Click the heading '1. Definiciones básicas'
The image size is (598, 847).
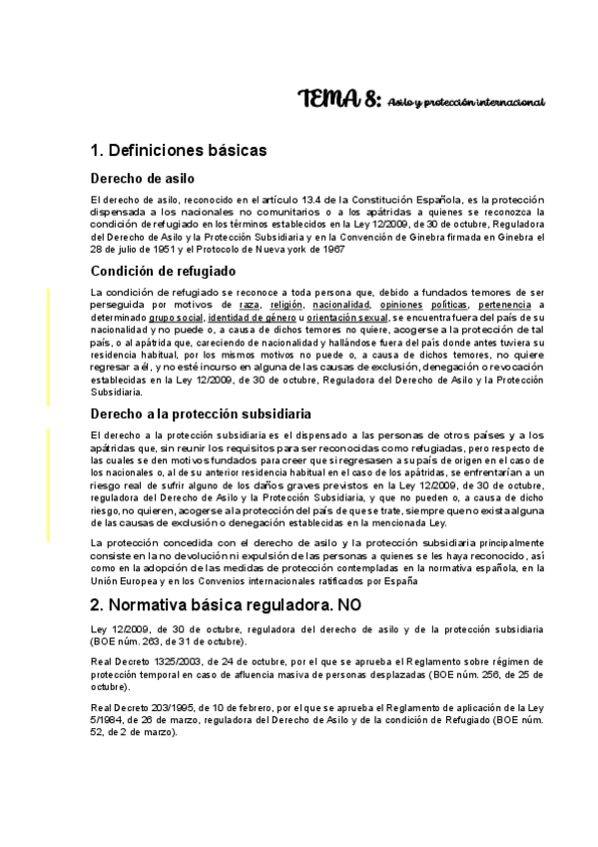pos(178,151)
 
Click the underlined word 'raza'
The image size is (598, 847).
pos(236,304)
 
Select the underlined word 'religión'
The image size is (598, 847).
pos(287,304)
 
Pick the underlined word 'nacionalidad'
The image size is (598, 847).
pos(341,304)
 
